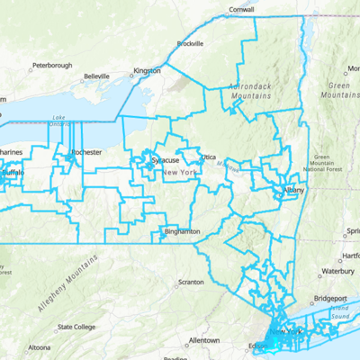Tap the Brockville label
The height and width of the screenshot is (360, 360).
190,43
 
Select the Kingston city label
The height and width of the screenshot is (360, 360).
147,70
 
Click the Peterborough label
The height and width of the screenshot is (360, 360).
51,66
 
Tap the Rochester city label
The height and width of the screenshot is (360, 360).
86,153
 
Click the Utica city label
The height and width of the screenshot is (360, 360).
208,156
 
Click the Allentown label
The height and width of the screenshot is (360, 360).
204,340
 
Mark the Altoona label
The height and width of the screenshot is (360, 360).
40,347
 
